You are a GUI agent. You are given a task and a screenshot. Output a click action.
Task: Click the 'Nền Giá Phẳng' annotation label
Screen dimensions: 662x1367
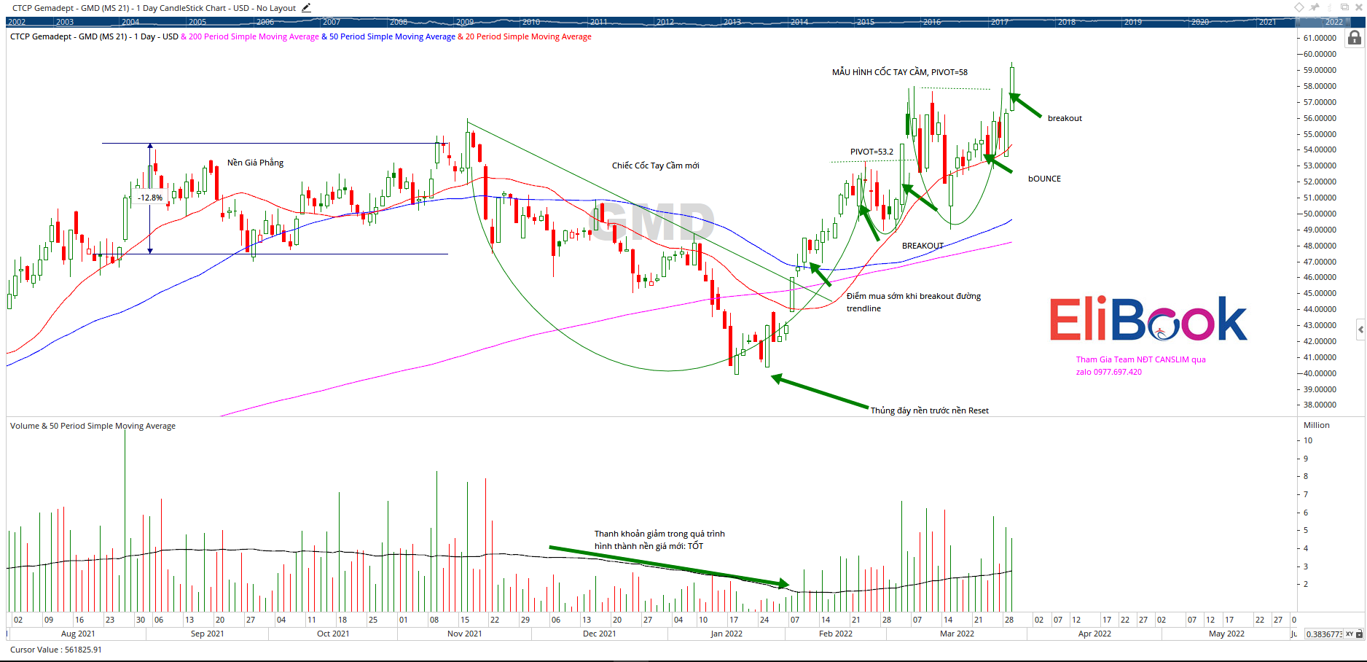[255, 163]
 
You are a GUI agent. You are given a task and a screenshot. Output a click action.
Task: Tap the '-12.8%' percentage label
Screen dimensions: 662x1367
[150, 198]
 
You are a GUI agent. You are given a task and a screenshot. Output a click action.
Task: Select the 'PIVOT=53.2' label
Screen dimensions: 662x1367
[871, 152]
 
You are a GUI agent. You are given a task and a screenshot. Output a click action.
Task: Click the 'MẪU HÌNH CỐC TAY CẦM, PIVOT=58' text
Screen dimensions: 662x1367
[900, 72]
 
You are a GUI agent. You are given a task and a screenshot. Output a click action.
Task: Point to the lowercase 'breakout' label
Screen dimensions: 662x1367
[1065, 118]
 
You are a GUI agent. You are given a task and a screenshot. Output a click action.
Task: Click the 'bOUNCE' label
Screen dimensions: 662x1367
[1044, 179]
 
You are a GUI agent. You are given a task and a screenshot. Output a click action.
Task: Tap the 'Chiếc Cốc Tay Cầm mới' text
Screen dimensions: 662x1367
[655, 165]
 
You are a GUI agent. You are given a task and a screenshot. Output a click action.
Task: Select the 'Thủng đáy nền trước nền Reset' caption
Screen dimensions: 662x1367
[929, 410]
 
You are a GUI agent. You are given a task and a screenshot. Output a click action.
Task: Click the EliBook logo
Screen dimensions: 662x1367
[1148, 319]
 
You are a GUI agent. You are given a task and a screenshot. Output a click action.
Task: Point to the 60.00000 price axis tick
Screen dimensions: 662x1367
[1320, 54]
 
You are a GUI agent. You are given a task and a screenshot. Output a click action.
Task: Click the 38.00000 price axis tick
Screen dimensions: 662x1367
[1320, 405]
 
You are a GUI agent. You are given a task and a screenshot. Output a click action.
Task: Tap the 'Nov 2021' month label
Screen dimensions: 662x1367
[464, 634]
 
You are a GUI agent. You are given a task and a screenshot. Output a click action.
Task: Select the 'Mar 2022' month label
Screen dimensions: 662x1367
[957, 634]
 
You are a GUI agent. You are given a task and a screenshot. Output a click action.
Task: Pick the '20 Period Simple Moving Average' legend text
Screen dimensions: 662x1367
[528, 36]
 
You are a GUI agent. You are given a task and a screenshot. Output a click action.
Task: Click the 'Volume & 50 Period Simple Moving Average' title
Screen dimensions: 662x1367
[93, 426]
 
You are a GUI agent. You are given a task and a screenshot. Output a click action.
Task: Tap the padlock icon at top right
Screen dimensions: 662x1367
[1355, 38]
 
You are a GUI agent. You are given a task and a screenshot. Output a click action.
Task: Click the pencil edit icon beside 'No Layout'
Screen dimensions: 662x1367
[306, 8]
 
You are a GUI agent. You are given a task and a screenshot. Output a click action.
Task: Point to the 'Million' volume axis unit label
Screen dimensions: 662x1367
[1316, 425]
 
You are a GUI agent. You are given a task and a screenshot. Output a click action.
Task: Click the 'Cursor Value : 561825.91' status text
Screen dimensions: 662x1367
[56, 650]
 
